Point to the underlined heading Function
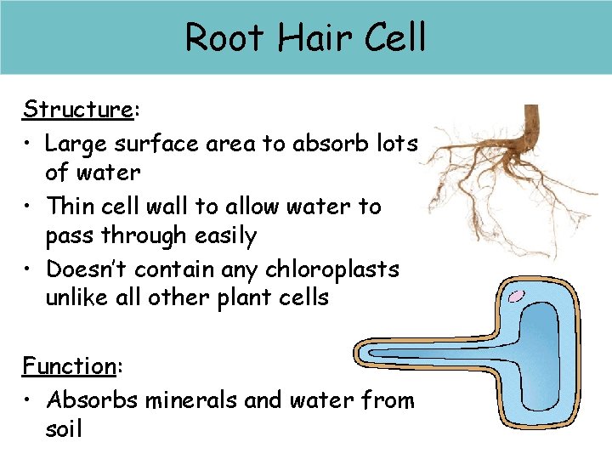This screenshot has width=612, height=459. pos(69,366)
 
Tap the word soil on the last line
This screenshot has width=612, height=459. pos(64,429)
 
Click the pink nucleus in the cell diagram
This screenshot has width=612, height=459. pos(516,297)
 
